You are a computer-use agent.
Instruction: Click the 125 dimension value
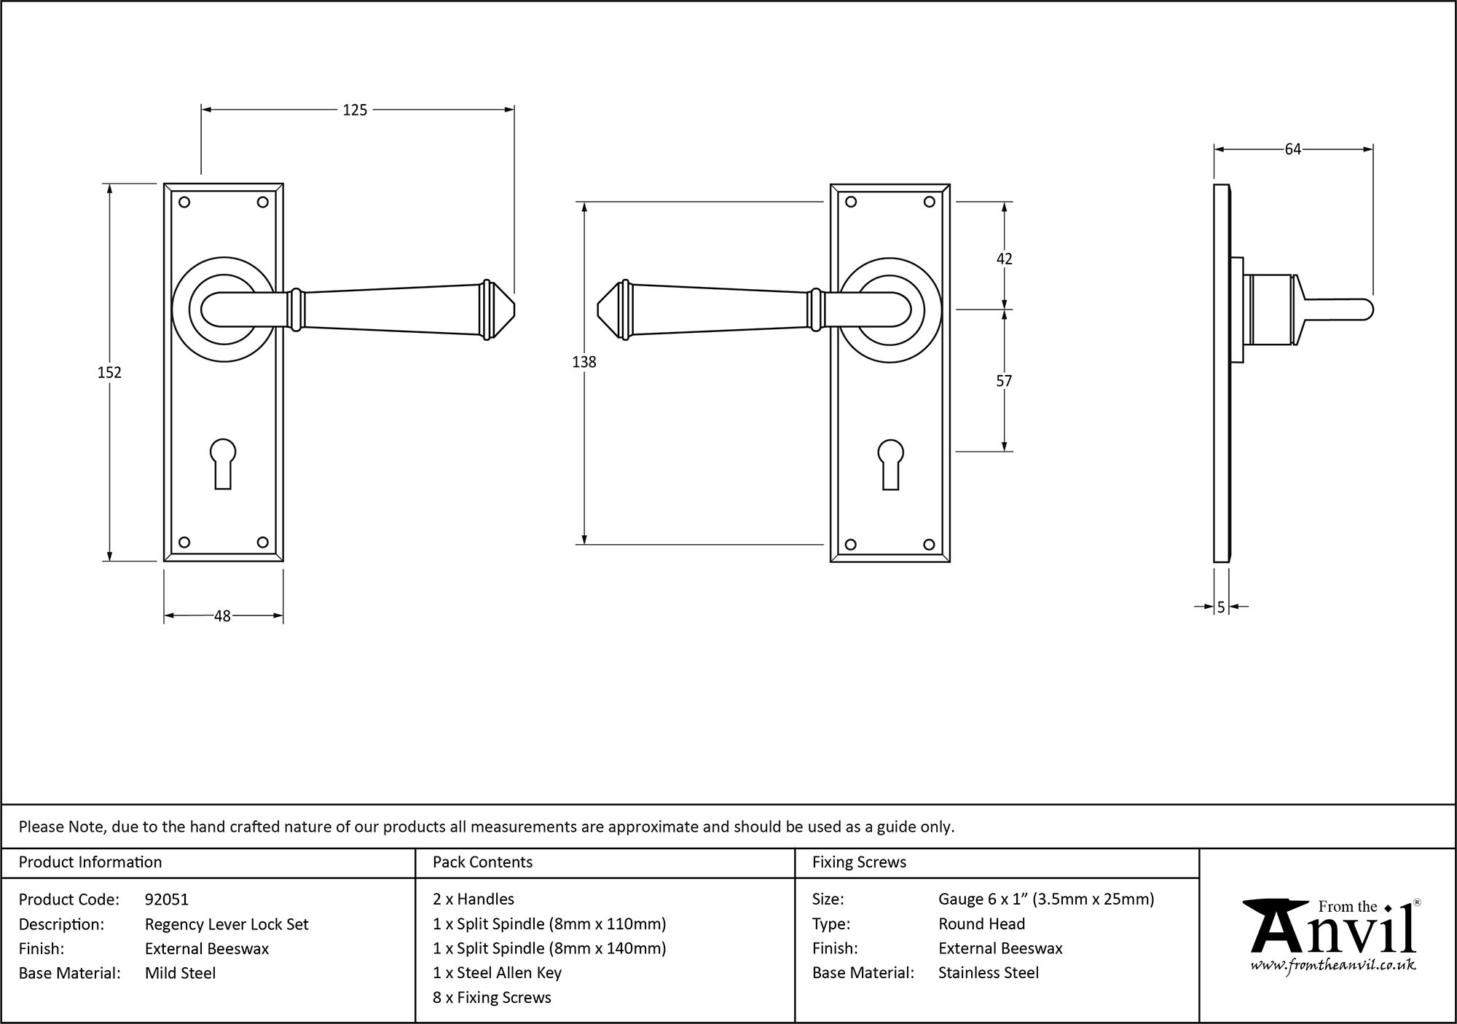(355, 110)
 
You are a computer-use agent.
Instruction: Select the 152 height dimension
(109, 372)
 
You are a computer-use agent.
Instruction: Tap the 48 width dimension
(222, 616)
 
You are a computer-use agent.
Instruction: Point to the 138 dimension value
(584, 361)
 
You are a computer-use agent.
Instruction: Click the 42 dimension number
(1004, 259)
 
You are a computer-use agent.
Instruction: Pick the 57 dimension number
(1004, 381)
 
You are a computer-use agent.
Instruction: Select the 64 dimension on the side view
(1292, 149)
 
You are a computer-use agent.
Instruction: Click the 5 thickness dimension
(1221, 607)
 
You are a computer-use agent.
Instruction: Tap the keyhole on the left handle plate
(223, 462)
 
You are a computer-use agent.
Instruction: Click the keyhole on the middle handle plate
(890, 463)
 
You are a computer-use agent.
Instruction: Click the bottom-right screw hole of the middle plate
(929, 544)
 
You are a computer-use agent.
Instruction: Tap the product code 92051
(167, 899)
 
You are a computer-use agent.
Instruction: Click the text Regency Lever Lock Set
(227, 924)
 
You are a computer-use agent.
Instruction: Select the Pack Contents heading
(482, 862)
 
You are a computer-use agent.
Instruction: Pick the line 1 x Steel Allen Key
(497, 973)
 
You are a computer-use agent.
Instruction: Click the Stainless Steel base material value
(989, 973)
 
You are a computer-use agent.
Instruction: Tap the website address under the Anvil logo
(1333, 966)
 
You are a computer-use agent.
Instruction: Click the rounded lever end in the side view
(1367, 310)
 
